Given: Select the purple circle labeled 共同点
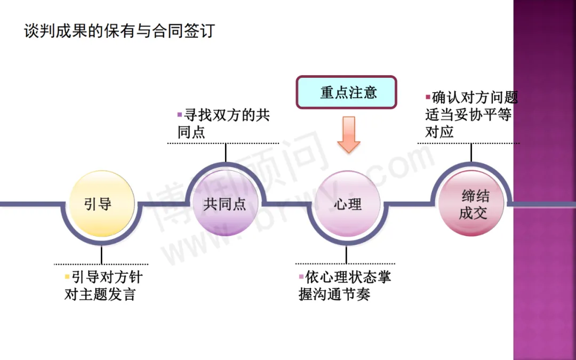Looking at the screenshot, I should click(225, 204).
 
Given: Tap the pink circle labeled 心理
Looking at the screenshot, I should click(347, 204).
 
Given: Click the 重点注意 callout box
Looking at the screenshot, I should click(347, 92).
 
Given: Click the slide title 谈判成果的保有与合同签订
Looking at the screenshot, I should click(119, 30).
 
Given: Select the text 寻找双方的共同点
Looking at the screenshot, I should click(224, 124).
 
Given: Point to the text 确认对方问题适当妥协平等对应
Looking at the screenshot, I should click(471, 115).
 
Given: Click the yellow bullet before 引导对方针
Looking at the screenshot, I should click(67, 277).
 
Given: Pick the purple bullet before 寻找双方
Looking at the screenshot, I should click(180, 114).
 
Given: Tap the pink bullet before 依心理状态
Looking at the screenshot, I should click(301, 277).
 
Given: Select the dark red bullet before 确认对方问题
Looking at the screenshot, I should click(428, 97).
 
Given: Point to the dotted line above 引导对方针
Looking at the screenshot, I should click(101, 264).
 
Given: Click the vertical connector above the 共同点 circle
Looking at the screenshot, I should click(226, 153).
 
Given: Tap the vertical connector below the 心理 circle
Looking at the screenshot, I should click(346, 254).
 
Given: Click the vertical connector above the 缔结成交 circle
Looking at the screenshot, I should click(471, 153).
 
